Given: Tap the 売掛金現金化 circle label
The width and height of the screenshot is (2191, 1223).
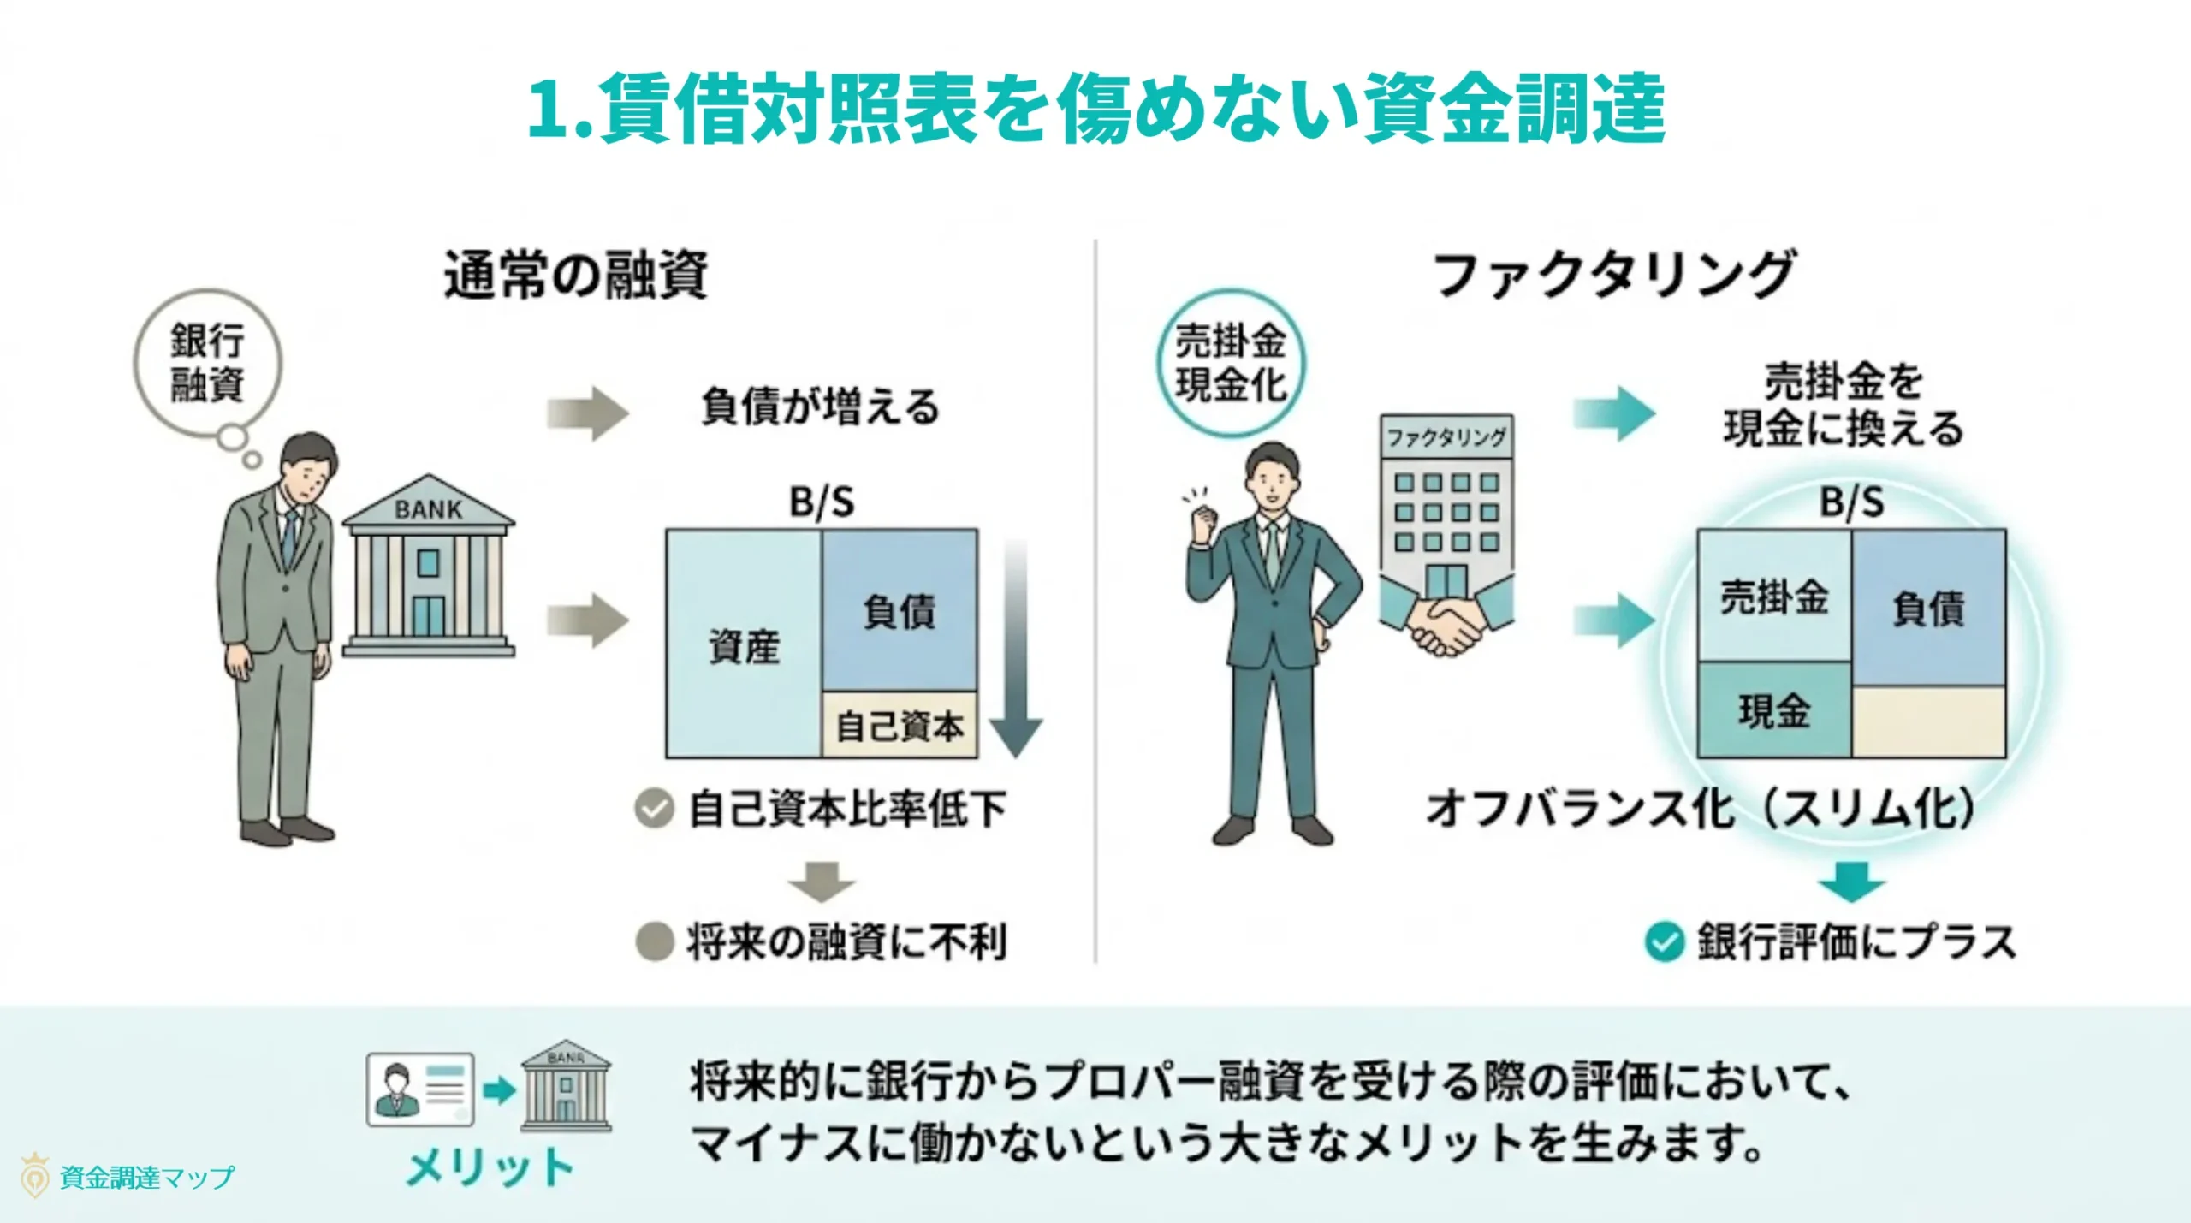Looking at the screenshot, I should click(x=1231, y=363).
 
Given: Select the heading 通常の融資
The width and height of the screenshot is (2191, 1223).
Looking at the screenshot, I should click(x=575, y=276).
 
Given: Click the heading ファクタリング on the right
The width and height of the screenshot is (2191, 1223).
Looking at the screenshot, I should click(x=1612, y=276).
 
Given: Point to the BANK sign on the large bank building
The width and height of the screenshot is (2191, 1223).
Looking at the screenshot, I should click(x=428, y=510).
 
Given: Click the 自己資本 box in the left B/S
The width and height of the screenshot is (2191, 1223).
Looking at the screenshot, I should click(x=900, y=726).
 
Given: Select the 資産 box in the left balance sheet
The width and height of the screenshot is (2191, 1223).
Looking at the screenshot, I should click(x=744, y=644).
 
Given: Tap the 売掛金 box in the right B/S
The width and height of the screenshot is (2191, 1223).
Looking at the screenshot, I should click(x=1774, y=597).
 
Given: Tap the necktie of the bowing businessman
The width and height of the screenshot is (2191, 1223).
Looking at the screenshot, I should click(x=289, y=539).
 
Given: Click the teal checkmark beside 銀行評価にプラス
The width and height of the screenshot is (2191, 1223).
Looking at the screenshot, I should click(x=1665, y=942).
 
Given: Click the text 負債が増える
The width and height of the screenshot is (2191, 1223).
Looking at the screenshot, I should click(x=820, y=407).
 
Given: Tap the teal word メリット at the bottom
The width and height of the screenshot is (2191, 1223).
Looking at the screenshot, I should click(x=490, y=1167).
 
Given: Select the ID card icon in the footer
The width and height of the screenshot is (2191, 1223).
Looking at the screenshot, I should click(x=420, y=1089).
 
